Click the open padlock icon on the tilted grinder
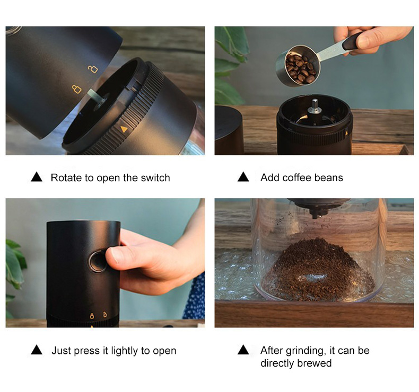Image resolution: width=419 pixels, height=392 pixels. (93, 68)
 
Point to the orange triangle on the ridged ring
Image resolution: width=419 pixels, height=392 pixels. (124, 129)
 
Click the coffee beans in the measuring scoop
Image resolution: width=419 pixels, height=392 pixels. (300, 68)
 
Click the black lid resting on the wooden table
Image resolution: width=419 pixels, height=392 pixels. (229, 129)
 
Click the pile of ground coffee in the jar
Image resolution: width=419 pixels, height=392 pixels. (317, 269)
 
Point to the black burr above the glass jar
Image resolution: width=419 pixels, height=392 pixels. (317, 208)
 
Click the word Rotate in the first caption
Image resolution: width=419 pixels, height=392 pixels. (66, 178)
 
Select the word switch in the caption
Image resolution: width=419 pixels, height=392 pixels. (155, 178)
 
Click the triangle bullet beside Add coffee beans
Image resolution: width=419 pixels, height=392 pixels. (243, 177)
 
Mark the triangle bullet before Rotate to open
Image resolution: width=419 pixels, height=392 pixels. (37, 177)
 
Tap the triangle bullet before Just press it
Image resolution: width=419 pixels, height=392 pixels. (37, 350)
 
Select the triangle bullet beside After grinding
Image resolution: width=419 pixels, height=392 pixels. (243, 350)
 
